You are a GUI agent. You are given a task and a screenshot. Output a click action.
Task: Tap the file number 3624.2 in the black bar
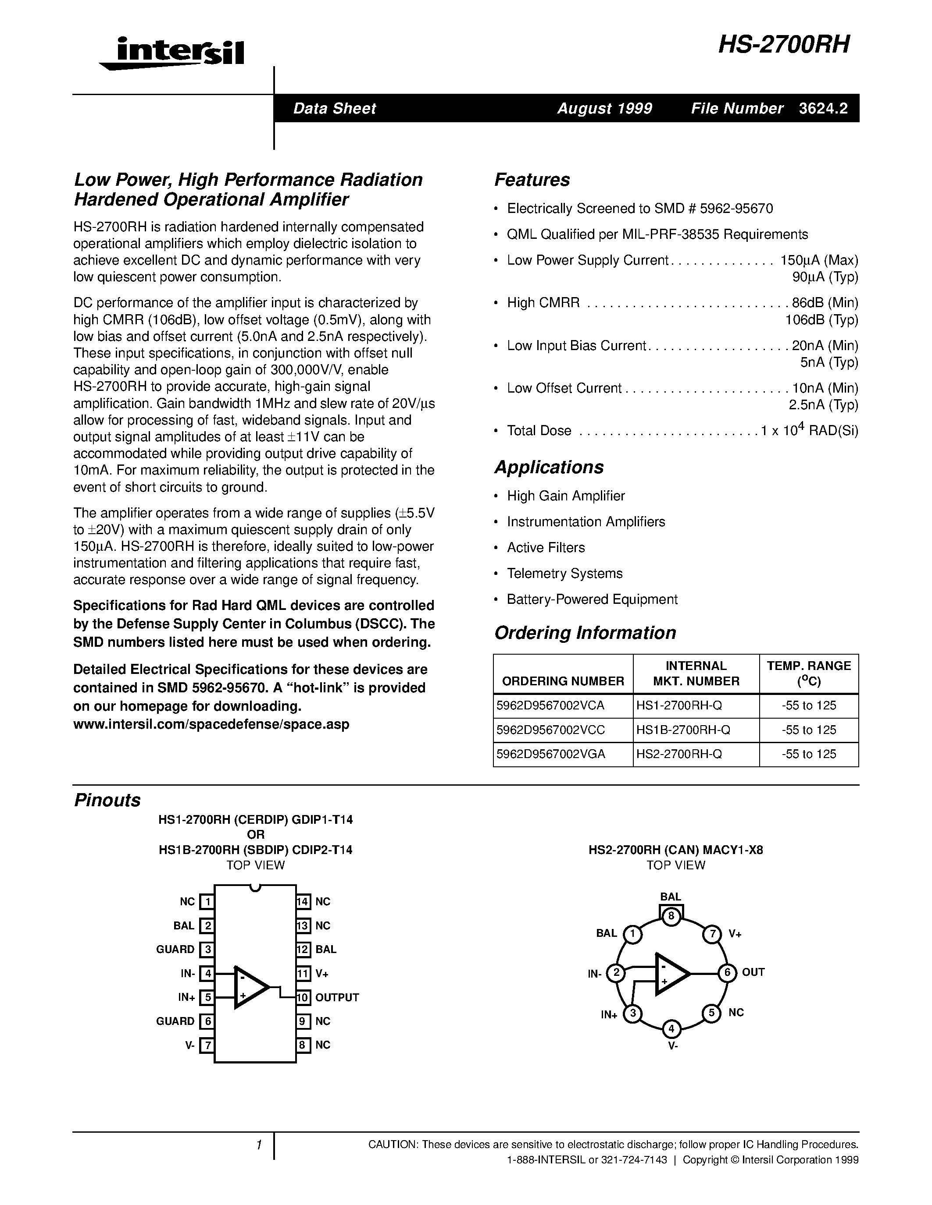(823, 108)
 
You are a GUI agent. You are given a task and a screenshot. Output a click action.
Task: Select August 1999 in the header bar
(604, 108)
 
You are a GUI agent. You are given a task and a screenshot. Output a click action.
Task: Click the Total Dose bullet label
(539, 430)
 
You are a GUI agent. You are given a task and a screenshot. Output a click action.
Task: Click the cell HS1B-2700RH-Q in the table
(683, 730)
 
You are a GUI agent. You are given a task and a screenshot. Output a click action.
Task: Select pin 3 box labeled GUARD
(207, 949)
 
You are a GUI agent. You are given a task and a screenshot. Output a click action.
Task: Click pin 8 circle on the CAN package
(671, 916)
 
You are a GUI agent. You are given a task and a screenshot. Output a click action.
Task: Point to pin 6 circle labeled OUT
(727, 972)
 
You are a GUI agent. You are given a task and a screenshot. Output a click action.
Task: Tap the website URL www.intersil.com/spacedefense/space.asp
(211, 724)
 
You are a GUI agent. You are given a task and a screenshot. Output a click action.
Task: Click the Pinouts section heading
(107, 800)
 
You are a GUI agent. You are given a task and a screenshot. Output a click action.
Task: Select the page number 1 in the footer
(258, 1145)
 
